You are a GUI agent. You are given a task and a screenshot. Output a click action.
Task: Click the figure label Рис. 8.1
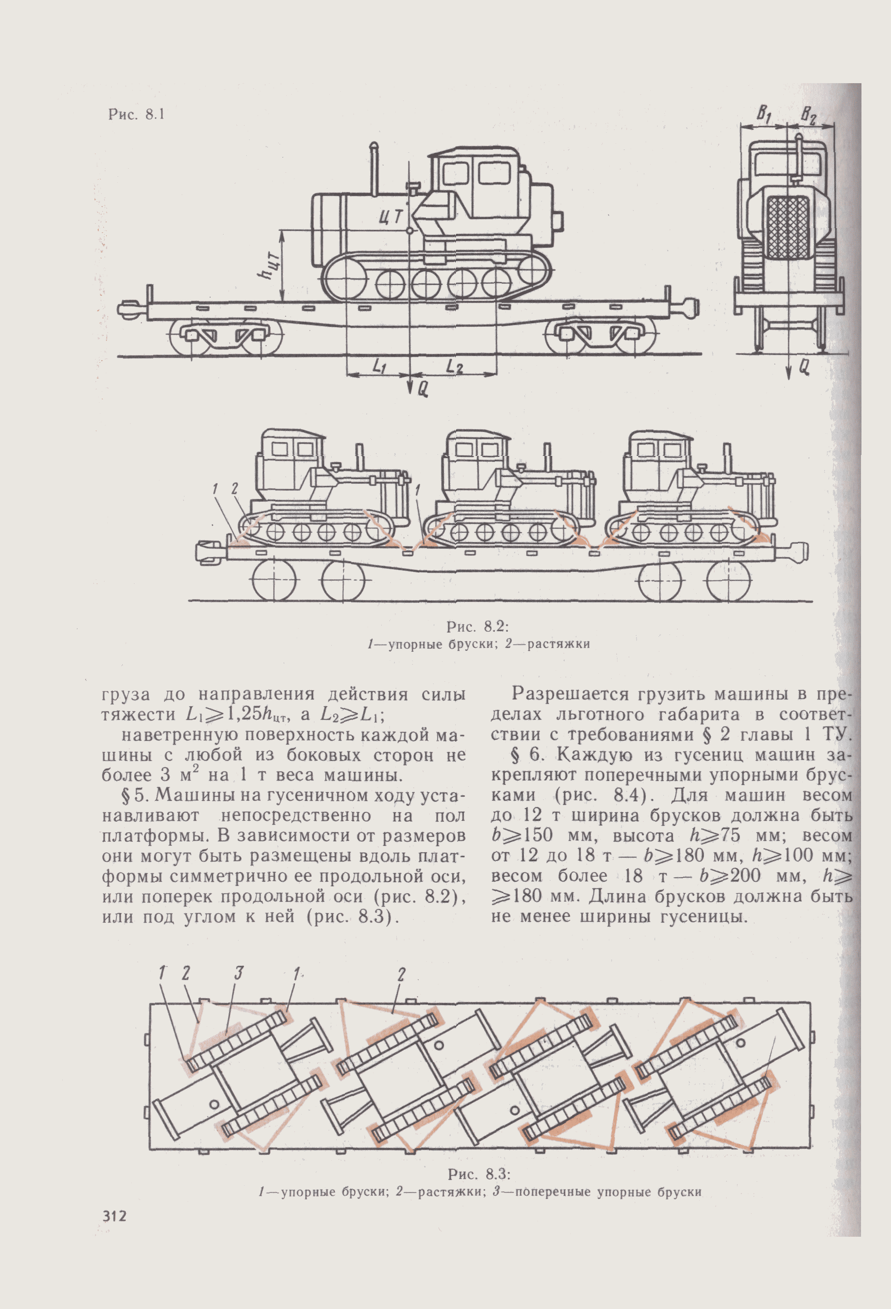pyautogui.click(x=136, y=115)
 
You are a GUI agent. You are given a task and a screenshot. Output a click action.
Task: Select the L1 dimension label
pyautogui.click(x=378, y=367)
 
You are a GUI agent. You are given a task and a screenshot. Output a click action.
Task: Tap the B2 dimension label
pyautogui.click(x=808, y=117)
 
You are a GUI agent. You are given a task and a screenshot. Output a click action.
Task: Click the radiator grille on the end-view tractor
pyautogui.click(x=787, y=228)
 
